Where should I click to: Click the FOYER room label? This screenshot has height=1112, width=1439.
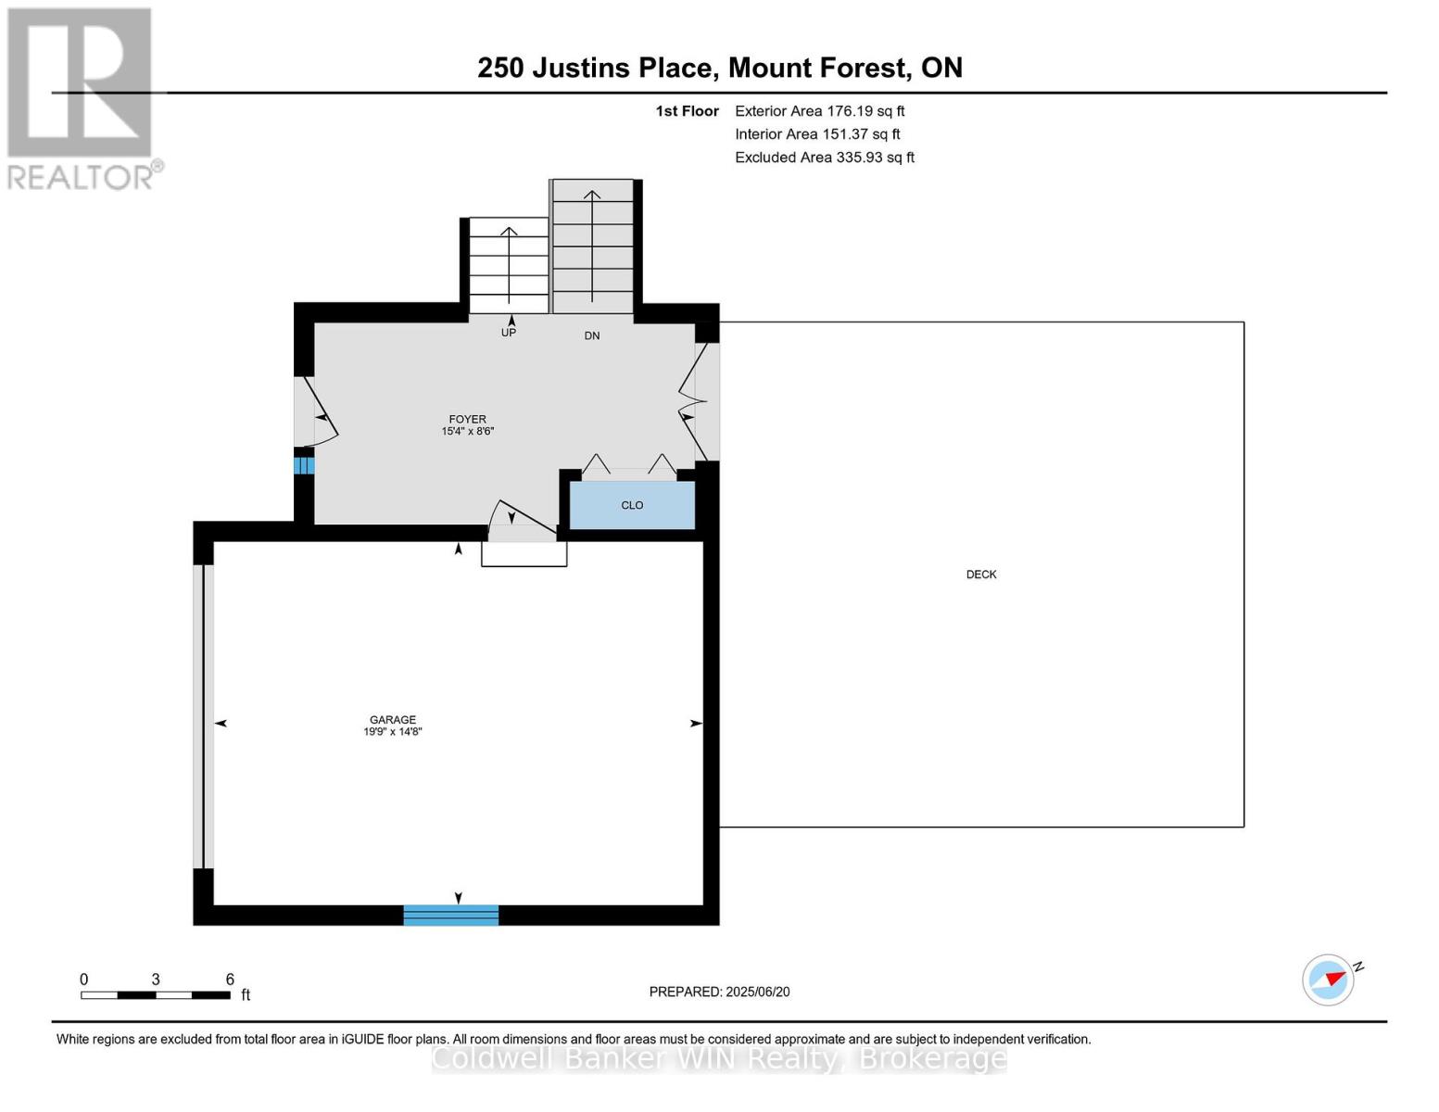[x=467, y=419]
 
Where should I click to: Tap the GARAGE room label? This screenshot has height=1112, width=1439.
[x=393, y=719]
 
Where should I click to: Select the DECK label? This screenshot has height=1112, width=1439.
[x=981, y=575]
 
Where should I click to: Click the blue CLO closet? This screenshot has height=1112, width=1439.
[x=632, y=506]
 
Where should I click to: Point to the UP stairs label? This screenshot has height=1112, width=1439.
[x=509, y=333]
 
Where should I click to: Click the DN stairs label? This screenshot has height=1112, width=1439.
[x=592, y=335]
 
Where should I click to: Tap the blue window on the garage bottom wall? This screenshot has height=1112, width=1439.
[x=451, y=916]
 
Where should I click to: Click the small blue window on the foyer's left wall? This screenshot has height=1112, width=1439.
[x=304, y=465]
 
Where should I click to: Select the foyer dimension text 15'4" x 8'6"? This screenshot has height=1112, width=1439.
[x=468, y=432]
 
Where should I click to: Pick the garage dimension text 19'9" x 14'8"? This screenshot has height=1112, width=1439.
[x=393, y=732]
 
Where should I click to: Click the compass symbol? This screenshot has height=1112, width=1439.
[x=1329, y=979]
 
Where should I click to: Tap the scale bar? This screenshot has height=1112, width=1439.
[x=156, y=995]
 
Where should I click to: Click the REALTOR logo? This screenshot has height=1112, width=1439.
[x=82, y=98]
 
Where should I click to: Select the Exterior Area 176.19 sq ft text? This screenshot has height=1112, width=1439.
[x=820, y=111]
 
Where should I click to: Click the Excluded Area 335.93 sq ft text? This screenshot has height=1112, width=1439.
[x=825, y=158]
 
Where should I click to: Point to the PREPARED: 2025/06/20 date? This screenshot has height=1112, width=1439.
[x=719, y=992]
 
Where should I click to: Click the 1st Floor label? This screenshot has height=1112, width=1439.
[x=687, y=111]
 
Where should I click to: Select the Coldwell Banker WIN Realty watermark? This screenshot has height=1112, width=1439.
[x=719, y=1058]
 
